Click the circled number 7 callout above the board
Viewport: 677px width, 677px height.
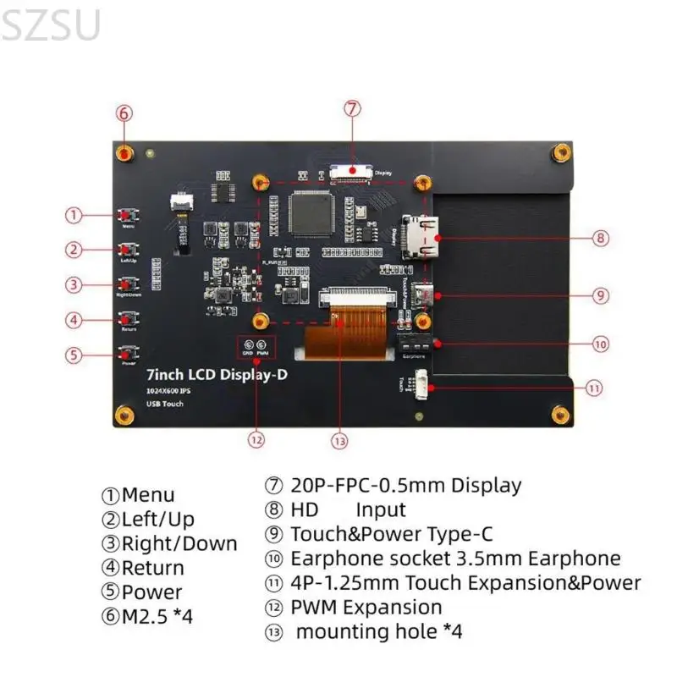pyautogui.click(x=353, y=108)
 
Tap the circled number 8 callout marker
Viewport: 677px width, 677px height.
pyautogui.click(x=600, y=239)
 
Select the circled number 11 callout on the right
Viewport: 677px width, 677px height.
pyautogui.click(x=594, y=388)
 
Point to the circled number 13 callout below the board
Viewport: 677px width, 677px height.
pyautogui.click(x=340, y=440)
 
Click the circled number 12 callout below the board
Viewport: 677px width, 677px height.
pyautogui.click(x=256, y=439)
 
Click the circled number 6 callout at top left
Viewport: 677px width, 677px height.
pyautogui.click(x=124, y=113)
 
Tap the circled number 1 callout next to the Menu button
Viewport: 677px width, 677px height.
pyautogui.click(x=75, y=215)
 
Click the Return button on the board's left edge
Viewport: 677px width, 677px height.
pyautogui.click(x=129, y=319)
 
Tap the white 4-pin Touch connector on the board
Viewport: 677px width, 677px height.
pyautogui.click(x=420, y=387)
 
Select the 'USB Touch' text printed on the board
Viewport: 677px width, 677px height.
pyautogui.click(x=164, y=404)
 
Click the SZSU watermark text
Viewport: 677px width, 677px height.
pyautogui.click(x=51, y=25)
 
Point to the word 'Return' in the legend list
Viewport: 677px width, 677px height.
pyautogui.click(x=152, y=568)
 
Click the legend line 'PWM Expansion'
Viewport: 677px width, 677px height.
pyautogui.click(x=366, y=607)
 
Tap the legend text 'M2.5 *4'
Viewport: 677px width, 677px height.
pyautogui.click(x=157, y=616)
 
